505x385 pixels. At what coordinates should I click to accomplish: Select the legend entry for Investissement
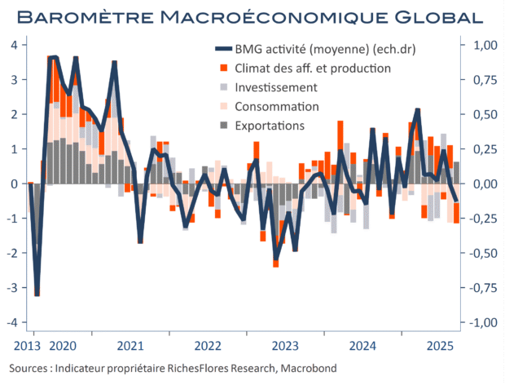point(275,87)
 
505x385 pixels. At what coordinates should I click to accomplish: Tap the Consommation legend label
point(276,107)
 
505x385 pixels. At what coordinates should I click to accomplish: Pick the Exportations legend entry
point(270,126)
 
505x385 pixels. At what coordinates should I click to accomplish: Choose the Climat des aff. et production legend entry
point(313,69)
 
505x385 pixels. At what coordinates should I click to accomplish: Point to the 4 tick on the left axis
point(15,45)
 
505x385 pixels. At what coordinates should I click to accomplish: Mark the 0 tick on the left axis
point(15,184)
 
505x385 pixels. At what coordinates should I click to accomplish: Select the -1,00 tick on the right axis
point(476,322)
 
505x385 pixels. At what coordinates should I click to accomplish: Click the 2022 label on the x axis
point(209,345)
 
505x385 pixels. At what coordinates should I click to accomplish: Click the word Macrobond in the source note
point(308,369)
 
